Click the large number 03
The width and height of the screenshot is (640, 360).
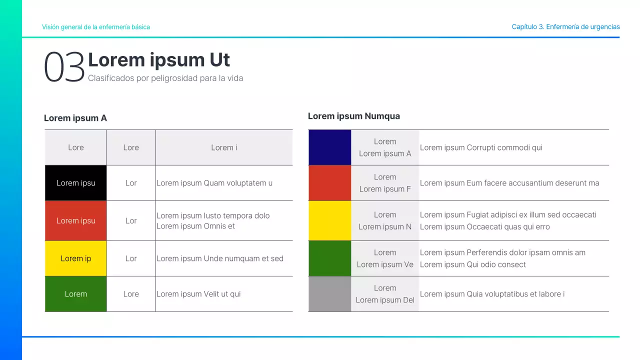click(64, 67)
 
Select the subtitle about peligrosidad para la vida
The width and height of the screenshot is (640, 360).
click(165, 78)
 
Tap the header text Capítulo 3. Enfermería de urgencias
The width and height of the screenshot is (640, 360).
click(565, 27)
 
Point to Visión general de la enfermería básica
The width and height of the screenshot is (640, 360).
click(96, 27)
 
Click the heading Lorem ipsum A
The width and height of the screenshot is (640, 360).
click(75, 118)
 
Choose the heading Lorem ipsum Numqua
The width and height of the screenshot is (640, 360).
click(353, 116)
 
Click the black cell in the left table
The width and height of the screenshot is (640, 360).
click(75, 183)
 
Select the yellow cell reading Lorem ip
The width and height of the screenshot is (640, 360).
click(75, 258)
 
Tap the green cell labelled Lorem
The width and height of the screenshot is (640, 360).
click(75, 293)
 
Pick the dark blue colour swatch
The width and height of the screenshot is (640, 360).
click(329, 147)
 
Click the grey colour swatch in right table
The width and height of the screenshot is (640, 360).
click(329, 293)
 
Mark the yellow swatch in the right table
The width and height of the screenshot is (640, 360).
click(329, 220)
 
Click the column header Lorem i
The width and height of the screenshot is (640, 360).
click(224, 147)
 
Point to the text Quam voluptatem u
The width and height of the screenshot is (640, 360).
click(238, 183)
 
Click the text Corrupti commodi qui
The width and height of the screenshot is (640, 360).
click(504, 147)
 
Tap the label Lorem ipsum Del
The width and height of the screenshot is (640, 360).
click(385, 300)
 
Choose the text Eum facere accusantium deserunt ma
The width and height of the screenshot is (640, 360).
click(533, 183)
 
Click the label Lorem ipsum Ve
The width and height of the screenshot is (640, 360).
click(385, 264)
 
